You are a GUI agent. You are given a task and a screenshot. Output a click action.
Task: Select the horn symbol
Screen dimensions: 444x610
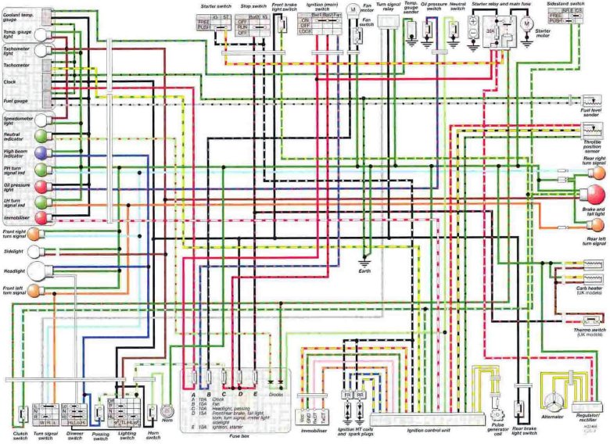tap(167, 409)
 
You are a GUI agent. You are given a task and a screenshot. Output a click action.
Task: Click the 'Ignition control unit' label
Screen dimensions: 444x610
tap(428, 431)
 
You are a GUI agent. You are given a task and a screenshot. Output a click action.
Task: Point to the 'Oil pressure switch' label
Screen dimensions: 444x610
tap(433, 7)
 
